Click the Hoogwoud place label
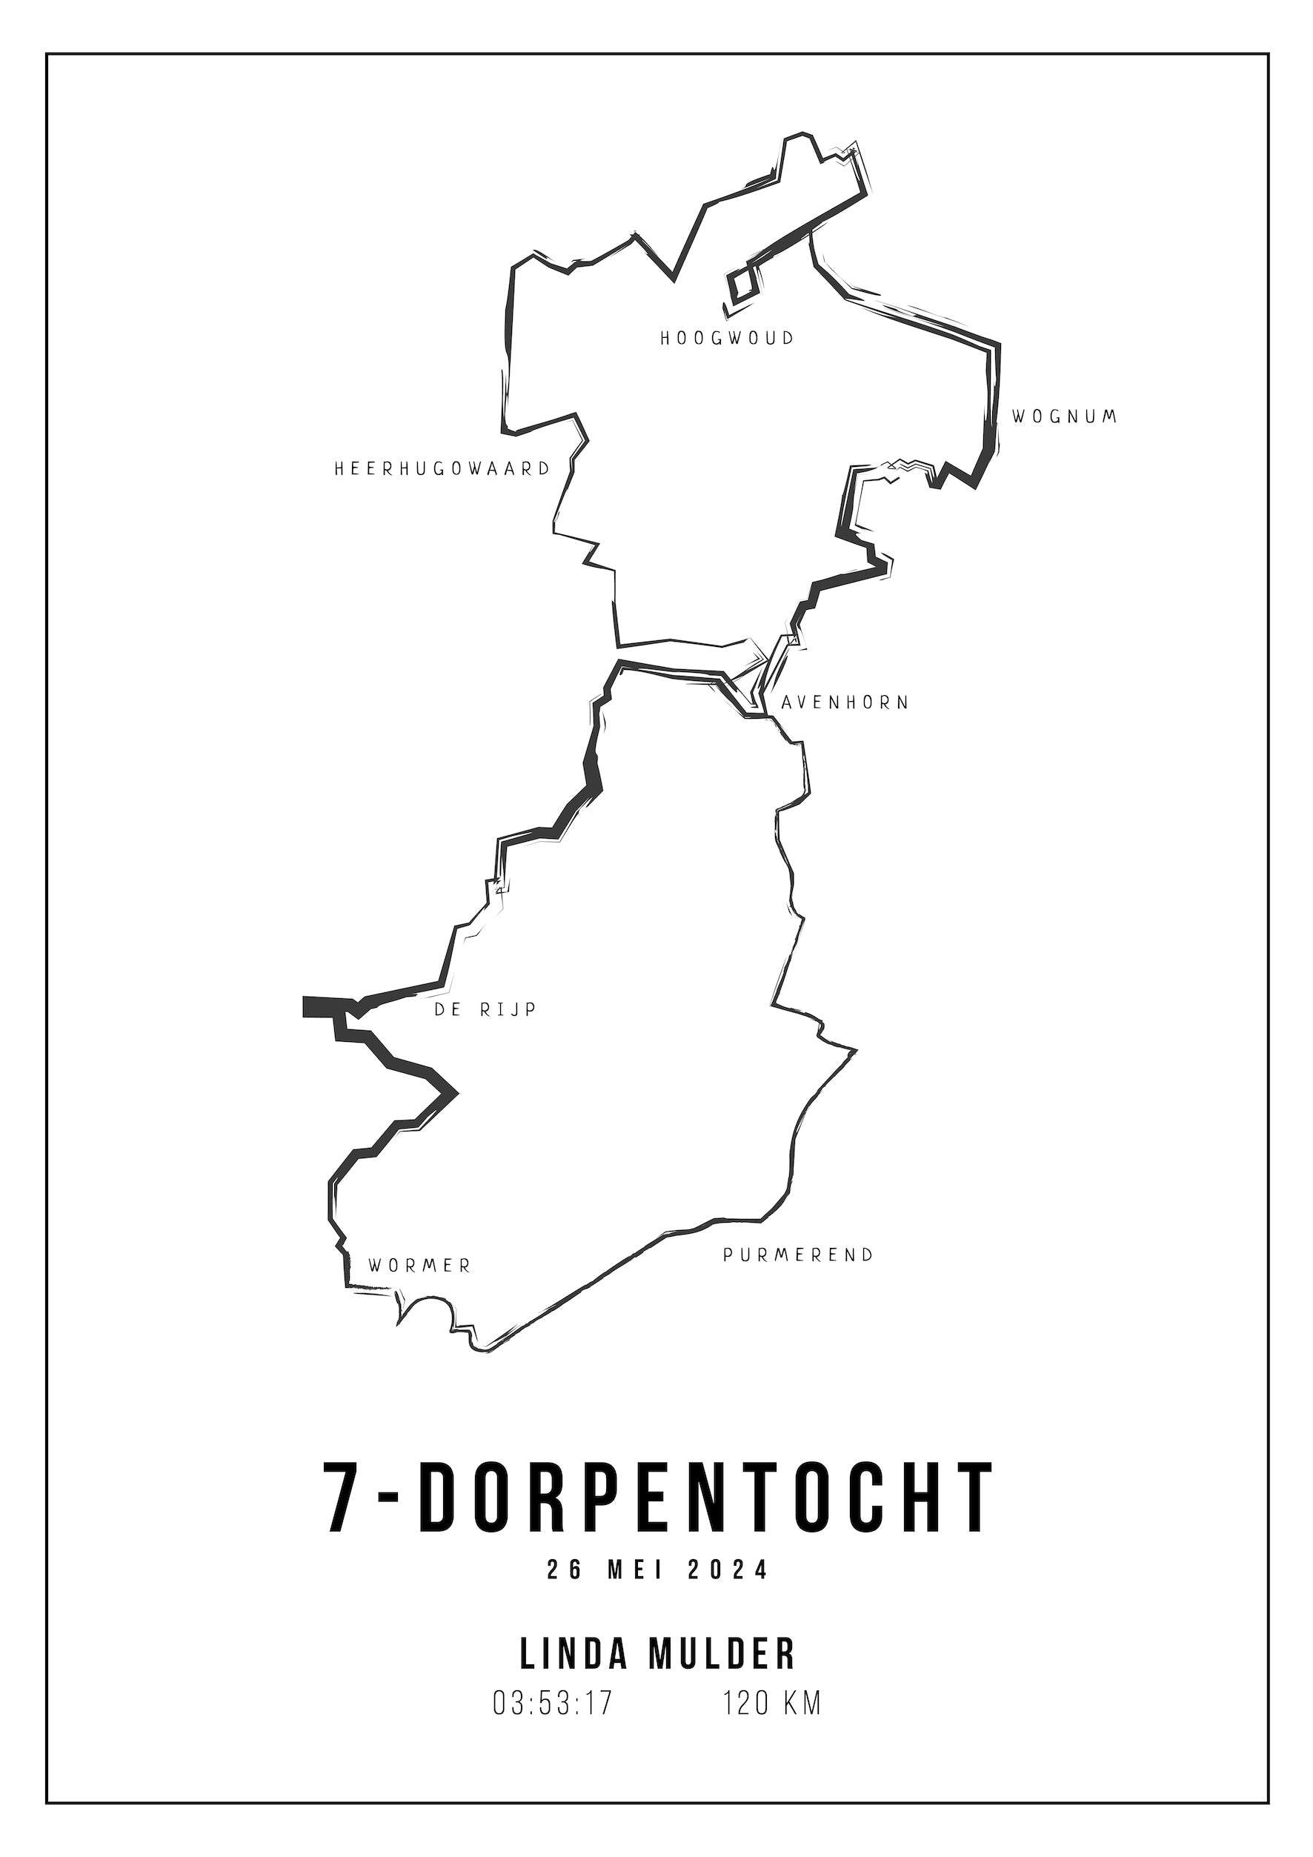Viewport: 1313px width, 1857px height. tap(727, 338)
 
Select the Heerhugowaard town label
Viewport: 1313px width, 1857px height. tap(442, 468)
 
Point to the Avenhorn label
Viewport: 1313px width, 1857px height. tap(845, 702)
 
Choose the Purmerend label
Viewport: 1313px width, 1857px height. tap(798, 1255)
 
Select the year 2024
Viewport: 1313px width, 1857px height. tap(728, 1592)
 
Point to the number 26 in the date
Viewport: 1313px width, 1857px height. tap(564, 1592)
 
